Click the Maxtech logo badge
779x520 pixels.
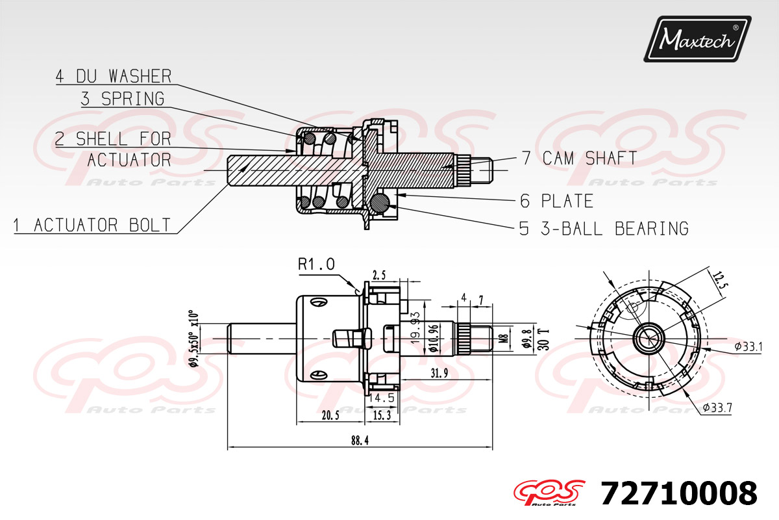pyautogui.click(x=697, y=39)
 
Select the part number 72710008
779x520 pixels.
pyautogui.click(x=679, y=494)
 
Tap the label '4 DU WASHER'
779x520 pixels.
pyautogui.click(x=114, y=76)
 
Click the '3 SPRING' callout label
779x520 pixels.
pyautogui.click(x=123, y=99)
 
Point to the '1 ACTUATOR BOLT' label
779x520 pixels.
pyautogui.click(x=93, y=226)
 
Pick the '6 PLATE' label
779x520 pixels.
pyautogui.click(x=556, y=201)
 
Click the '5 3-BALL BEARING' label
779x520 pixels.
pyautogui.click(x=604, y=228)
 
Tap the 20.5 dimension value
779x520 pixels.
pyautogui.click(x=330, y=415)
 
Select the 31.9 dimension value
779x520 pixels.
pyautogui.click(x=439, y=372)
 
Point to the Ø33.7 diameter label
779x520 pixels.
pyautogui.click(x=717, y=408)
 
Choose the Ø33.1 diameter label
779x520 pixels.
pyautogui.click(x=748, y=346)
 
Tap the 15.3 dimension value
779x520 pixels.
pyautogui.click(x=382, y=415)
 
